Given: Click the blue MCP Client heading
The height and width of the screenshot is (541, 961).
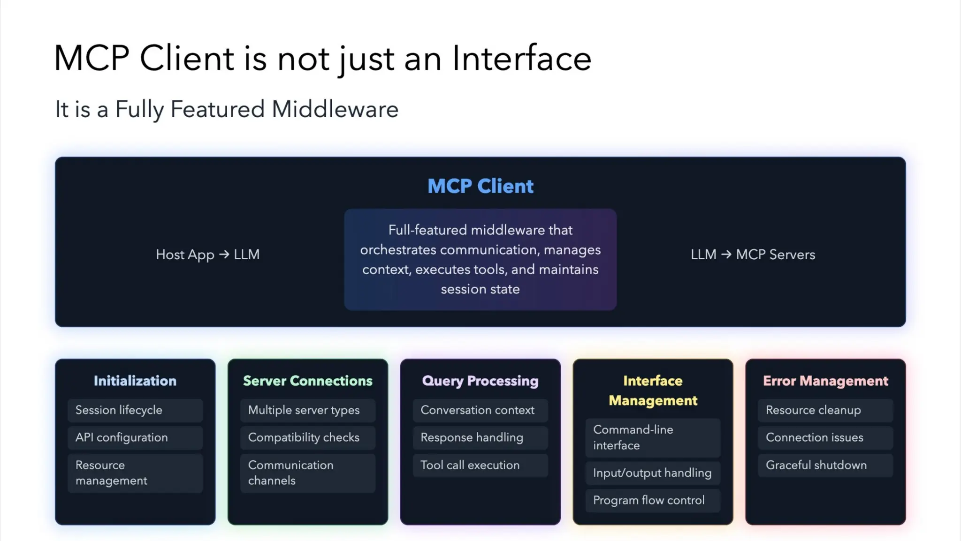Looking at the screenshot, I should tap(480, 186).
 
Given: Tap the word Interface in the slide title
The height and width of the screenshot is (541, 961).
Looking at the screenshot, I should tap(521, 59).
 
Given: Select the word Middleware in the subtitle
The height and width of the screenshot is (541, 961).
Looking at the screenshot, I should tap(335, 109).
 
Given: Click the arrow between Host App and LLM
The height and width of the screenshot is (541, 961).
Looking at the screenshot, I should tap(224, 254).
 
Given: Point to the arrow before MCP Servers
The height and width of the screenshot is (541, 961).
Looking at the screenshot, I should tap(726, 254).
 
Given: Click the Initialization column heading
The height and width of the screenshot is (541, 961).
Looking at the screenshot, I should tap(135, 381).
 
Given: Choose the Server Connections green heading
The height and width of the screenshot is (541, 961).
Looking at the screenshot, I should tap(307, 381).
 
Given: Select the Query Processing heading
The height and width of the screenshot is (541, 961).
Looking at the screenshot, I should tap(480, 381).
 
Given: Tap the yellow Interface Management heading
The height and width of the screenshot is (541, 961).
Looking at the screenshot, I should tap(653, 391).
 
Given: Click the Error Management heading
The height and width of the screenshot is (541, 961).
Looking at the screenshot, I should tap(825, 381).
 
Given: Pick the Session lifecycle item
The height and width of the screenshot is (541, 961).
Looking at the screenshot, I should tap(135, 410).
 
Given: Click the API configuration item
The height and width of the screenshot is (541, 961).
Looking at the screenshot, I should tap(135, 437).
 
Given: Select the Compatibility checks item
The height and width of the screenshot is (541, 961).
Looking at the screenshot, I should tap(307, 437).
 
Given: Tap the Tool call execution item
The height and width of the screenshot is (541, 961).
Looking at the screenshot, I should tap(480, 465).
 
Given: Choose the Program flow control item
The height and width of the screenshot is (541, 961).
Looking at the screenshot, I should tap(653, 500).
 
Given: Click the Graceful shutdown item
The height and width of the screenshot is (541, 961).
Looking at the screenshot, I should tap(825, 465).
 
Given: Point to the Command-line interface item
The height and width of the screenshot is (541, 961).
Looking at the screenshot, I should tap(653, 437).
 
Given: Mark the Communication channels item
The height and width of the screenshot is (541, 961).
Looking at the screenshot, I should tap(307, 473).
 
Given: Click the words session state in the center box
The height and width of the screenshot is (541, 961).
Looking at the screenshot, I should tap(480, 289).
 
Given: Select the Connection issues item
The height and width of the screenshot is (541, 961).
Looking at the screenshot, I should tap(825, 437).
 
